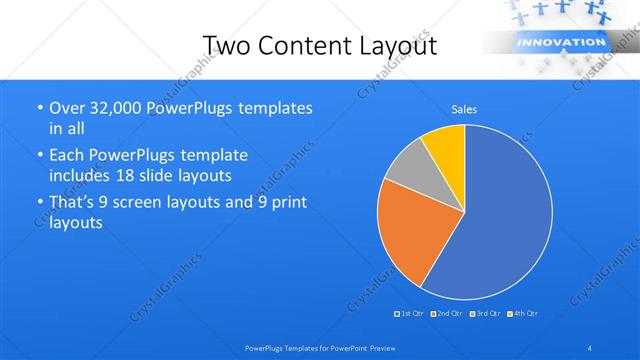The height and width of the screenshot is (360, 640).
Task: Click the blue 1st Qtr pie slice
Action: point(510,215)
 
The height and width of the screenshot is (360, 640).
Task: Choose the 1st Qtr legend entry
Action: point(410,314)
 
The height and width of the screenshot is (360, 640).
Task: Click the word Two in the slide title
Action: point(226,46)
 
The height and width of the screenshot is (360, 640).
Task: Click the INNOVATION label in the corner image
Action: point(545,43)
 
